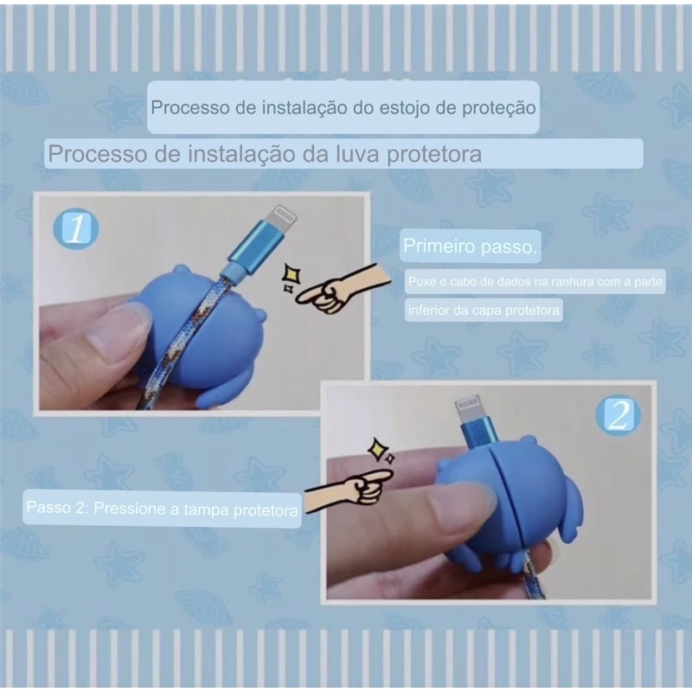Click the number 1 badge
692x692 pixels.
pyautogui.click(x=75, y=228)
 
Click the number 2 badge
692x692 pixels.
pyautogui.click(x=618, y=415)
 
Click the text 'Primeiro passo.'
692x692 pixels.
pyautogui.click(x=470, y=247)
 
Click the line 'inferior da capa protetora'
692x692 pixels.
pyautogui.click(x=484, y=311)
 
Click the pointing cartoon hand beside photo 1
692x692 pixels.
pyautogui.click(x=342, y=289)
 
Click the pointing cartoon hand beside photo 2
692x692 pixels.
pyautogui.click(x=349, y=490)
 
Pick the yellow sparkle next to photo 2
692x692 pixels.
pyautogui.click(x=381, y=451)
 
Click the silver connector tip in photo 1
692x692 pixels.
pyautogui.click(x=280, y=217)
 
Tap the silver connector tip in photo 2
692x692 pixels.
pyautogui.click(x=469, y=413)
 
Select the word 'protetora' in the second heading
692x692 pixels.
pyautogui.click(x=434, y=155)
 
